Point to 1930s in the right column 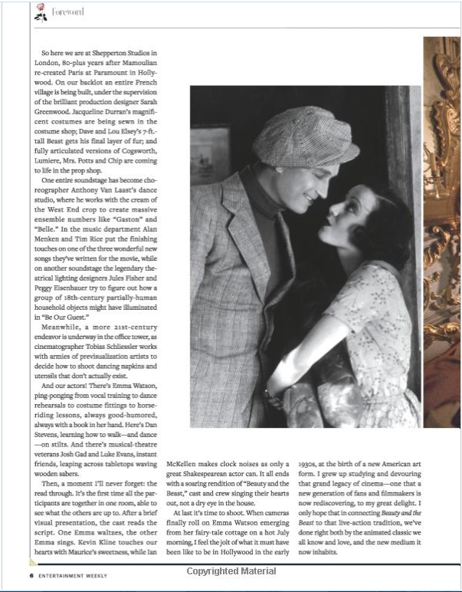(x=316, y=463)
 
